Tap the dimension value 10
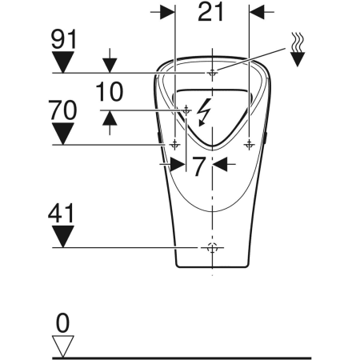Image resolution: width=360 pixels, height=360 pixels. tap(110, 92)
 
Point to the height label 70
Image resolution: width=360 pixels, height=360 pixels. tap(62, 110)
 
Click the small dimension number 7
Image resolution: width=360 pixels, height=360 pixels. tap(199, 166)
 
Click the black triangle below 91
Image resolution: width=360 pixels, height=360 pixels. tap(62, 61)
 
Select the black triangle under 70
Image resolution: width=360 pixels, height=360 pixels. tap(62, 133)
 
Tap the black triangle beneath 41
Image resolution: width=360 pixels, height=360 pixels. tap(62, 235)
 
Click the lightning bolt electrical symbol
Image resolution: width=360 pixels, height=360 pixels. tap(205, 112)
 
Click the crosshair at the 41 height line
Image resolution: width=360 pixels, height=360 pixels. tap(212, 247)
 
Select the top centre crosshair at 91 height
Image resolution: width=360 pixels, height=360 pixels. tap(212, 73)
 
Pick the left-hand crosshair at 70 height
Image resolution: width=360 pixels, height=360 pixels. tap(174, 144)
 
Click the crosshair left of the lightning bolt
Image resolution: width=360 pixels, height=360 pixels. tap(186, 110)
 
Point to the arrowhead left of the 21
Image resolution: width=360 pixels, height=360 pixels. tap(167, 13)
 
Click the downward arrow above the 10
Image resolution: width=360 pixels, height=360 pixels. tap(110, 65)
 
